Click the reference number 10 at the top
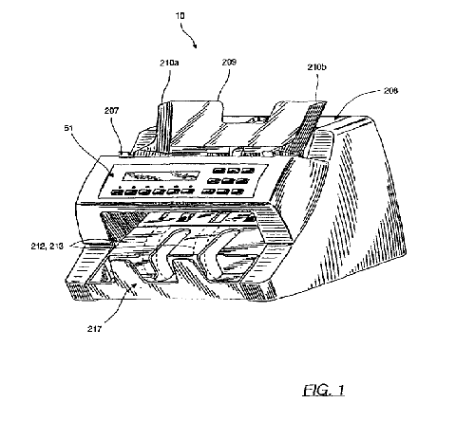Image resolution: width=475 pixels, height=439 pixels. pos(180,15)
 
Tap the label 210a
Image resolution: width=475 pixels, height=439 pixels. pos(169,63)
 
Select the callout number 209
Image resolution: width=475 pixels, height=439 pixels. pos(229,62)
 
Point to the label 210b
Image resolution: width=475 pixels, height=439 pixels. pos(317,67)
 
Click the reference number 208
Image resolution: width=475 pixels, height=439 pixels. pos(390,91)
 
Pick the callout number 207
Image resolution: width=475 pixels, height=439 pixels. pos(112,110)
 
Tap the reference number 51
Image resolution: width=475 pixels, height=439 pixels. pos(68,128)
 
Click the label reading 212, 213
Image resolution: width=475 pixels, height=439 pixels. pos(47,246)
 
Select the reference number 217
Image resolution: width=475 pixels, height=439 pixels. pos(94,329)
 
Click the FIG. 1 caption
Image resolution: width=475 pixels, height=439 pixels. pos(323,391)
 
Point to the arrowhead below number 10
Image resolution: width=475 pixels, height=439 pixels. pos(195,46)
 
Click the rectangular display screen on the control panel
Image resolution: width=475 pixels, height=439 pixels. pos(161,175)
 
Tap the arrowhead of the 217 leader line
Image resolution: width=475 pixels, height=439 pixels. pos(136,285)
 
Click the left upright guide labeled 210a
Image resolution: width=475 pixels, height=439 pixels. pos(165,126)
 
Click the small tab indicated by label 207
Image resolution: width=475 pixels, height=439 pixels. pos(124,154)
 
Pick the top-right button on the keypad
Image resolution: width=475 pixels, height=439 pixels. pos(248,171)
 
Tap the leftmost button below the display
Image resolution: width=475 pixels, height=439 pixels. pos(117,192)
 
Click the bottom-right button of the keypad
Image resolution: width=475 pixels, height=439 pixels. pos(237,192)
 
